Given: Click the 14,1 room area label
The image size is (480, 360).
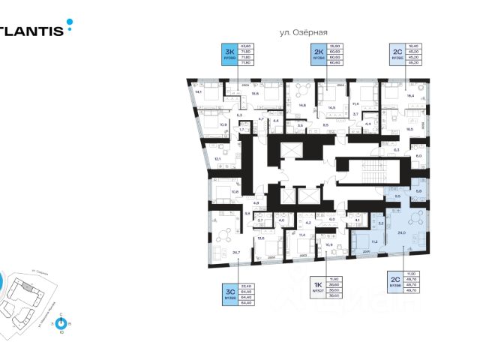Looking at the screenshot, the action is (198, 92).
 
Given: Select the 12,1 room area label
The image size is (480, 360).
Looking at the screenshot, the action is (217, 159).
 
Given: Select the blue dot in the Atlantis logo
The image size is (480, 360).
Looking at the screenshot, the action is (70, 23).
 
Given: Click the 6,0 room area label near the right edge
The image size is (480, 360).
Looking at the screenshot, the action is (418, 155).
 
